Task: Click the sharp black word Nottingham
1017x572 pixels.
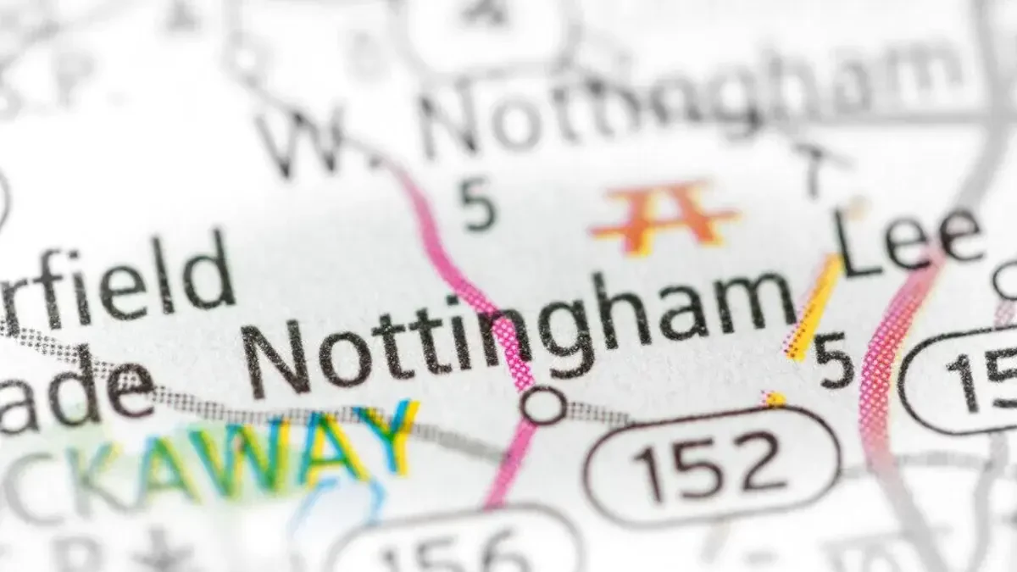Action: tap(517, 330)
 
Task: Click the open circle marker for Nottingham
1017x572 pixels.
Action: tap(544, 405)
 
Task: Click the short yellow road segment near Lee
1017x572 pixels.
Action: tap(814, 305)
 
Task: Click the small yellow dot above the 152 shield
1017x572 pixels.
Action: tap(773, 398)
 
